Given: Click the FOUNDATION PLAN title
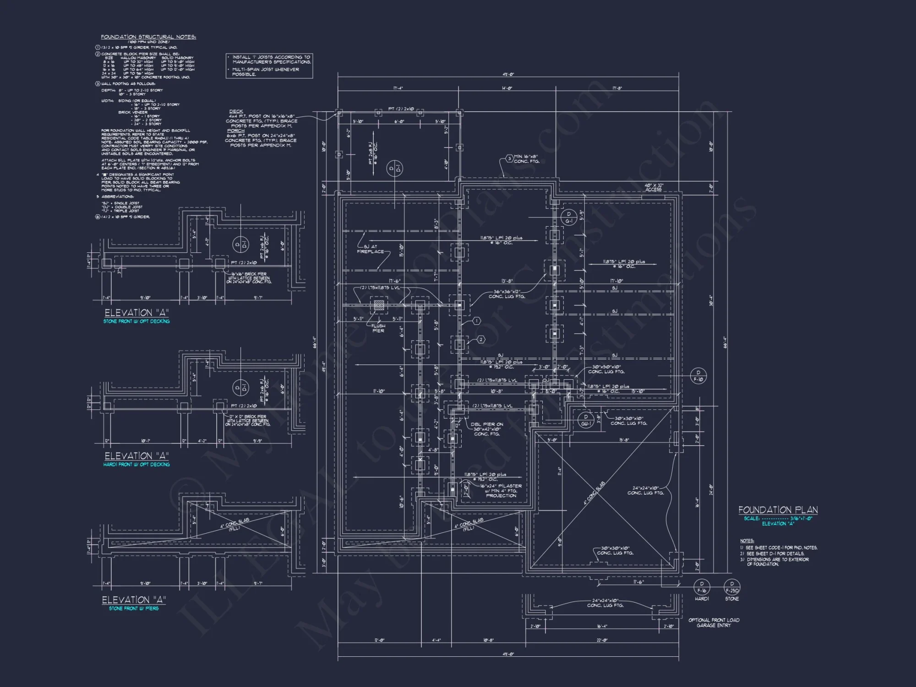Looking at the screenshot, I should click(x=778, y=510).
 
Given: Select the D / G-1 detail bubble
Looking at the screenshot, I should click(x=569, y=218).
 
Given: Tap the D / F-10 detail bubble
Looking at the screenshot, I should click(x=698, y=376).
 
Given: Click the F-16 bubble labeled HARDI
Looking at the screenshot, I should click(x=702, y=587).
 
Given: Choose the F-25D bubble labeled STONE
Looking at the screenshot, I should click(x=732, y=587).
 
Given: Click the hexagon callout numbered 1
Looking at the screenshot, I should click(x=476, y=321).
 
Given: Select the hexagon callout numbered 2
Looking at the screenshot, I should click(x=481, y=339).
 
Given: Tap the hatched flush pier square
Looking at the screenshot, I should click(x=379, y=305).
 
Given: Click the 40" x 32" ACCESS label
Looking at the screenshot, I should click(x=654, y=187).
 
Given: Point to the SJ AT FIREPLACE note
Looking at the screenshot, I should click(x=371, y=249).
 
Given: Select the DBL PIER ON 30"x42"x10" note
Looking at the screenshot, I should click(x=487, y=429).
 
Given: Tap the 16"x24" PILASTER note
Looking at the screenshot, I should click(x=501, y=491).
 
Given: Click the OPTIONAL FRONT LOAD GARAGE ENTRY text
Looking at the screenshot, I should click(x=714, y=622).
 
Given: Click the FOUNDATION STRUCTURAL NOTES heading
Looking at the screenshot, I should click(x=148, y=37).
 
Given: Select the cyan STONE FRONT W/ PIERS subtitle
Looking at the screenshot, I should click(x=134, y=608).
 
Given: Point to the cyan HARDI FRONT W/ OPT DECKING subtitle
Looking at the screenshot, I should click(x=136, y=464).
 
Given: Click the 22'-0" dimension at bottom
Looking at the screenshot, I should click(x=602, y=640).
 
